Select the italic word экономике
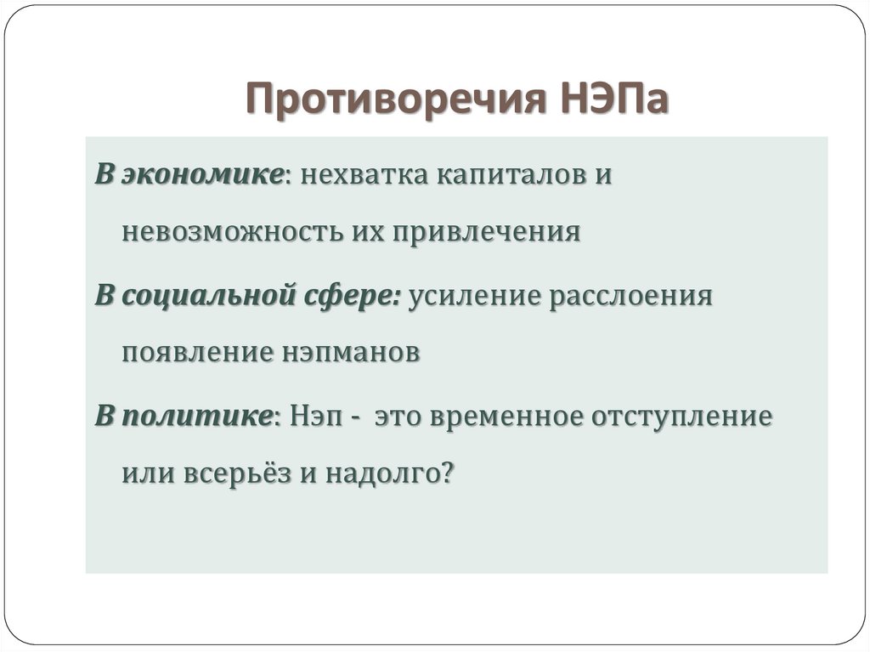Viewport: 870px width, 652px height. click(x=202, y=175)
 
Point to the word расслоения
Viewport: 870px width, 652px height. click(x=630, y=298)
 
